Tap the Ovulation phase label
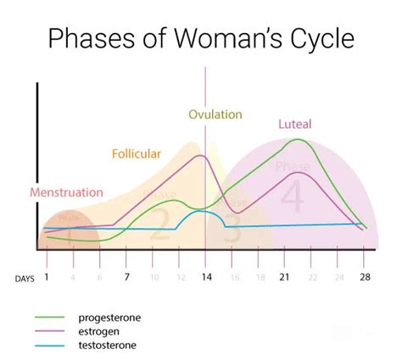coord(215,114)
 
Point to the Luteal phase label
coord(300,125)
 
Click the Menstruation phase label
coord(66,192)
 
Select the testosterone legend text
coord(106,346)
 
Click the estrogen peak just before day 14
coord(201,155)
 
